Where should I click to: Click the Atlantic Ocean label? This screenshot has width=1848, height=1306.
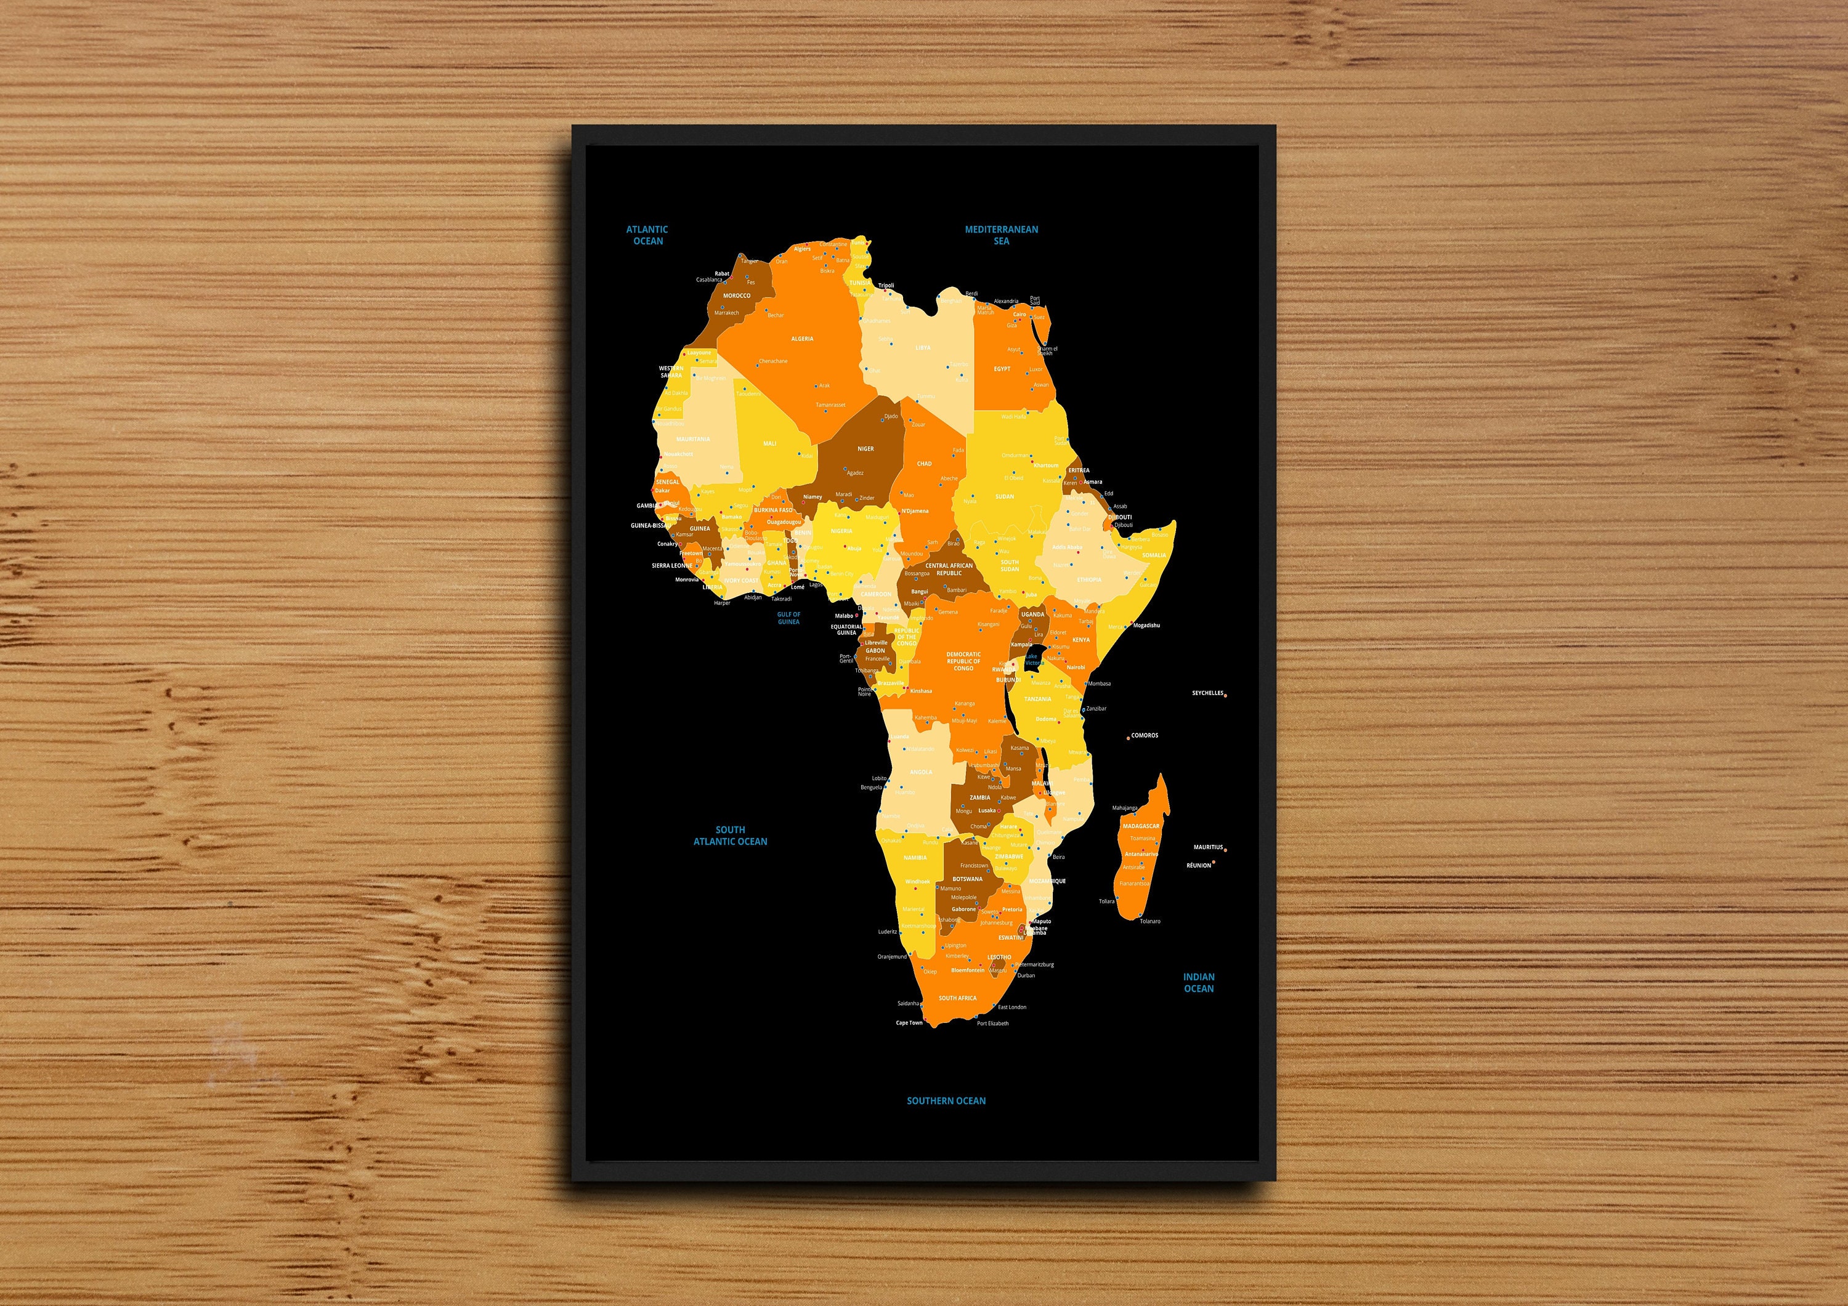(647, 235)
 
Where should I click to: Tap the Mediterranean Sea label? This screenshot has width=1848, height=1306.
(1001, 235)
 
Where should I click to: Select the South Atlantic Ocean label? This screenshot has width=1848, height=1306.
(730, 835)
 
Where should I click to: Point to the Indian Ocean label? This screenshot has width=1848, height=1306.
(1199, 983)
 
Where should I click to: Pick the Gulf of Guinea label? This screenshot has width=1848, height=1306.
(788, 618)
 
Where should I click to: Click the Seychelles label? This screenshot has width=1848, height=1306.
(1207, 693)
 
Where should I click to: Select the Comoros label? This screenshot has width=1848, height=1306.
(1145, 735)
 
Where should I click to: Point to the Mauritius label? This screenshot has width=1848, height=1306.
(1207, 847)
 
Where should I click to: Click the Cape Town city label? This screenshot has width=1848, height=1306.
(909, 1023)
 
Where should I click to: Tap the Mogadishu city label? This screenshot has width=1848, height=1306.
(1146, 625)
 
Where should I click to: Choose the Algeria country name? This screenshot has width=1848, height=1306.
(801, 339)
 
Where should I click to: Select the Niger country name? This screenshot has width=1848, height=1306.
(865, 449)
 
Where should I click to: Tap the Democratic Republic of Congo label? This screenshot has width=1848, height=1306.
(963, 661)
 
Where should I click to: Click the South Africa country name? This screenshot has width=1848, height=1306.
(957, 998)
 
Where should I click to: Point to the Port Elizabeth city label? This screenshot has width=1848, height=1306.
(992, 1023)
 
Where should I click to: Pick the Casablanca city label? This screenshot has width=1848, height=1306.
(709, 280)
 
